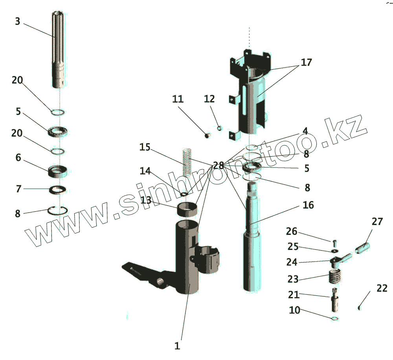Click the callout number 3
pyautogui.click(x=17, y=21)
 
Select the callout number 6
pyautogui.click(x=18, y=158)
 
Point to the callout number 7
pyautogui.click(x=18, y=189)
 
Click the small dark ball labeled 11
pyautogui.click(x=208, y=135)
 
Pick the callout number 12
pyautogui.click(x=209, y=99)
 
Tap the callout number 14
pyautogui.click(x=145, y=171)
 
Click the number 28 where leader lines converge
pyautogui.click(x=218, y=165)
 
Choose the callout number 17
pyautogui.click(x=306, y=62)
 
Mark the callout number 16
pyautogui.click(x=308, y=205)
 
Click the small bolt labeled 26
pyautogui.click(x=334, y=243)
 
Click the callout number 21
pyautogui.click(x=294, y=294)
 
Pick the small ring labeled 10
pyautogui.click(x=335, y=318)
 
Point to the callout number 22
pyautogui.click(x=382, y=288)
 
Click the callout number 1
pyautogui.click(x=177, y=346)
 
